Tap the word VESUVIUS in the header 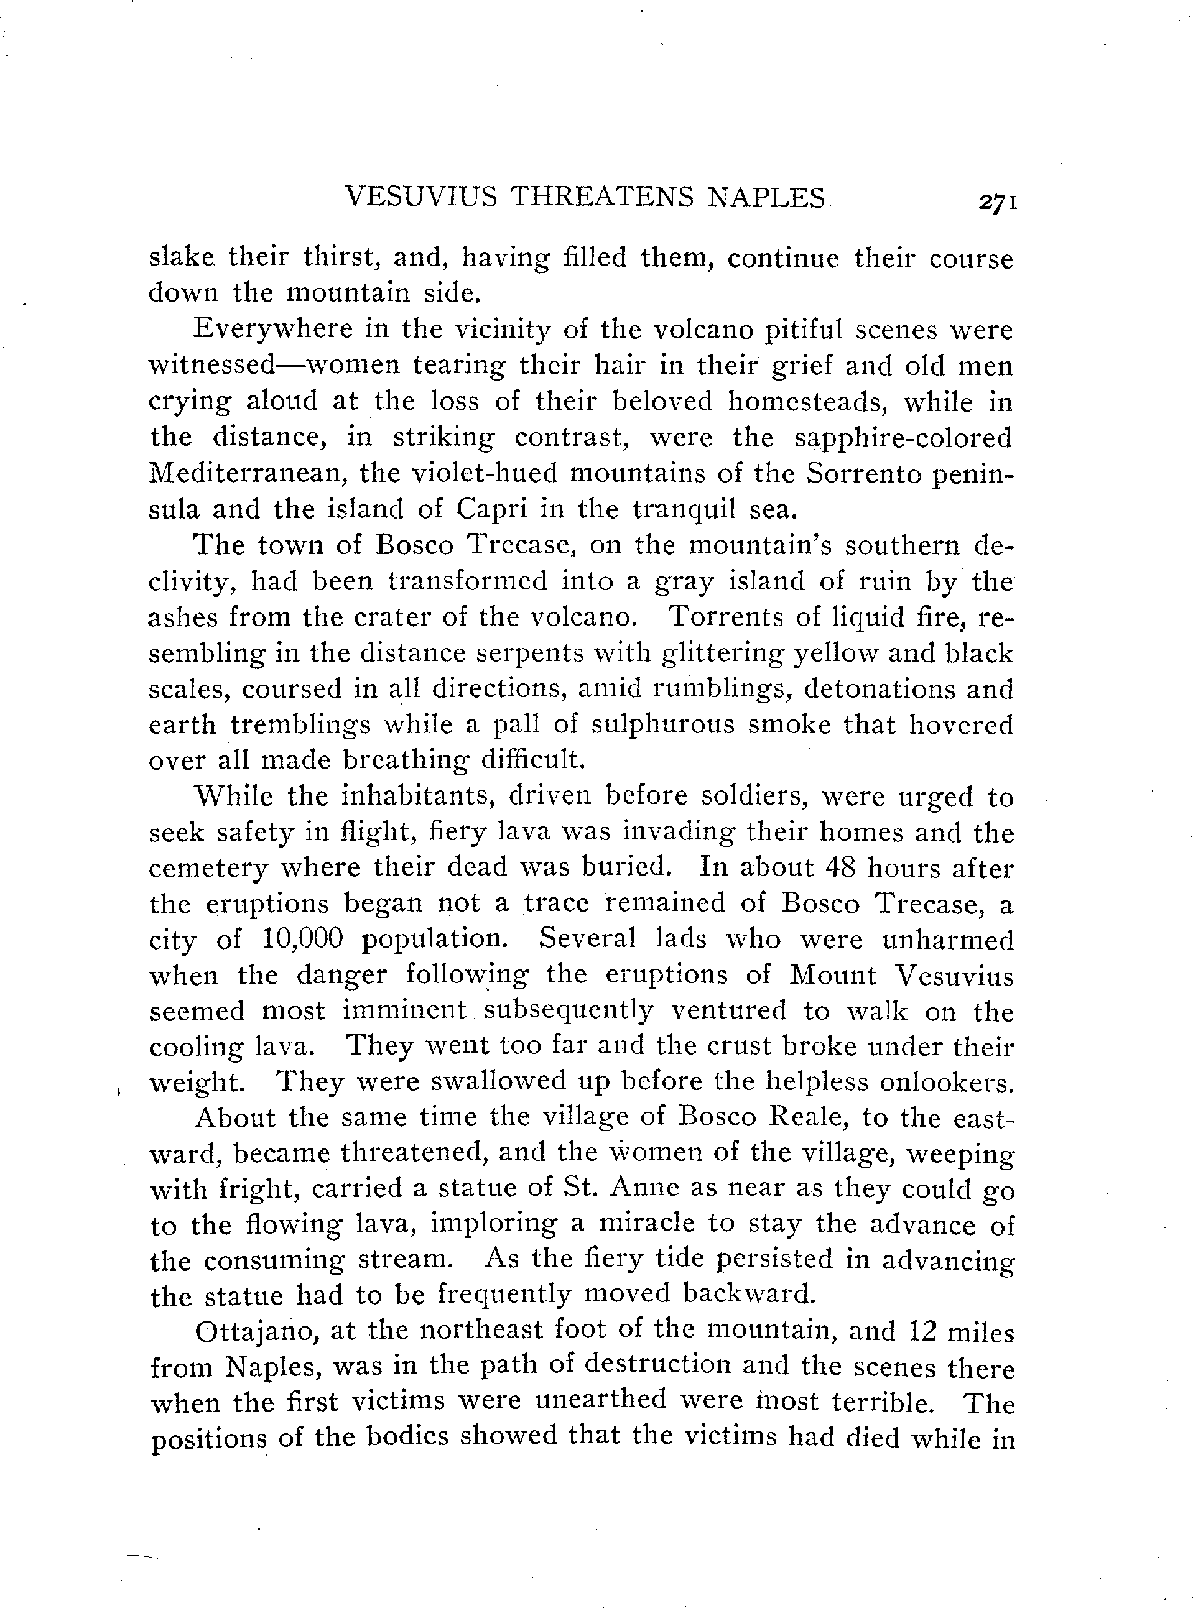coord(422,197)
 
